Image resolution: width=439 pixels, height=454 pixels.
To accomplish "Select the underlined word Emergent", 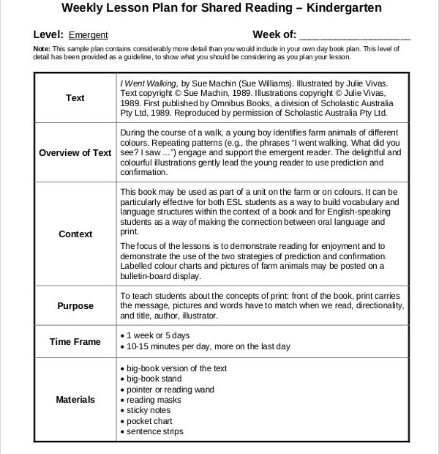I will pyautogui.click(x=89, y=35).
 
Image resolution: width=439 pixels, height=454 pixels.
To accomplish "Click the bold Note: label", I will pyautogui.click(x=42, y=49).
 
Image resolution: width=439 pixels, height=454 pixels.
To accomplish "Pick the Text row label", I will pyautogui.click(x=75, y=98).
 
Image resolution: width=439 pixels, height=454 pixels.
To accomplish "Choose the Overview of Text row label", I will pyautogui.click(x=75, y=153).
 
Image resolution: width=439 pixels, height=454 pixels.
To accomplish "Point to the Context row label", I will pyautogui.click(x=75, y=234).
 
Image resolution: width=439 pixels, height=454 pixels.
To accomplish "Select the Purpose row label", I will pyautogui.click(x=75, y=306).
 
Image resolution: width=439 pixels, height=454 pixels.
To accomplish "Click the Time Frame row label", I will pyautogui.click(x=75, y=341).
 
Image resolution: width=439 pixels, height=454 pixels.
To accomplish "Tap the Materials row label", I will pyautogui.click(x=75, y=400).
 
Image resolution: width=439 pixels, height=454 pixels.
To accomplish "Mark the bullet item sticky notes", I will pyautogui.click(x=149, y=411).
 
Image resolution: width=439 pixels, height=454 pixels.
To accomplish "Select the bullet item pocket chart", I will pyautogui.click(x=149, y=422).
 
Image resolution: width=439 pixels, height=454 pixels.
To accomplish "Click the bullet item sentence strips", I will pyautogui.click(x=154, y=432).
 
